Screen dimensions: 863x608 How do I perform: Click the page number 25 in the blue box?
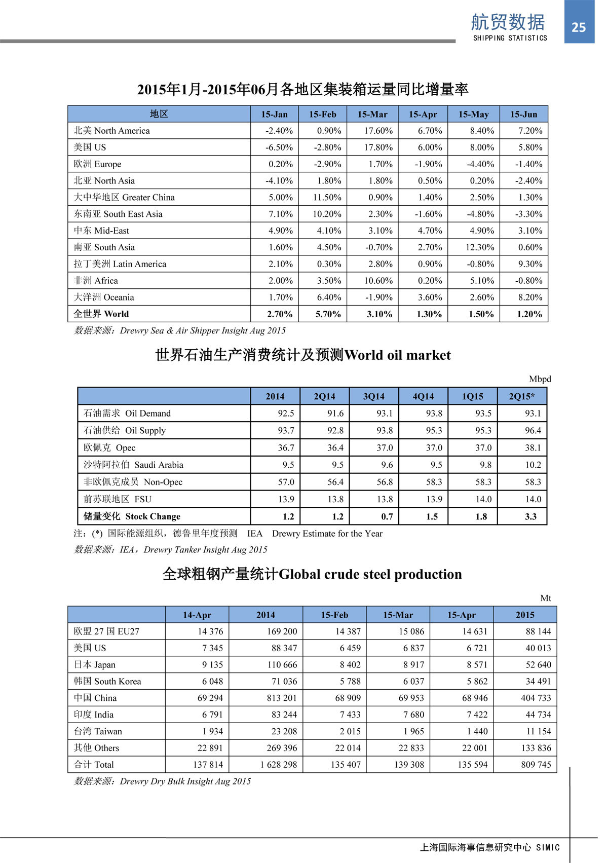[x=579, y=27]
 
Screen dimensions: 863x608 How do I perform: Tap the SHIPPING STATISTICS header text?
[x=510, y=38]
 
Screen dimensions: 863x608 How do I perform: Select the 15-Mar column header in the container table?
[x=372, y=114]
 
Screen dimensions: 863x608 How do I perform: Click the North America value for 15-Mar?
[x=378, y=131]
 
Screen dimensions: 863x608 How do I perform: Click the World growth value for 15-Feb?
[x=328, y=314]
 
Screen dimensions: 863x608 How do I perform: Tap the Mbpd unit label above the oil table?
[x=540, y=379]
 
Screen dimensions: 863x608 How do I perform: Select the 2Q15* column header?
[x=521, y=396]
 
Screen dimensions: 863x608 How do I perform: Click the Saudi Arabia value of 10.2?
[x=533, y=465]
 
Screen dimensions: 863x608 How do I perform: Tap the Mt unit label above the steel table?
[x=545, y=598]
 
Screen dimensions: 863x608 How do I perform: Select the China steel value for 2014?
[x=282, y=698]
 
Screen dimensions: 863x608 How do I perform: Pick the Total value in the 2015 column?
[x=536, y=765]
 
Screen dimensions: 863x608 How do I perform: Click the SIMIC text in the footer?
[x=548, y=847]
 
